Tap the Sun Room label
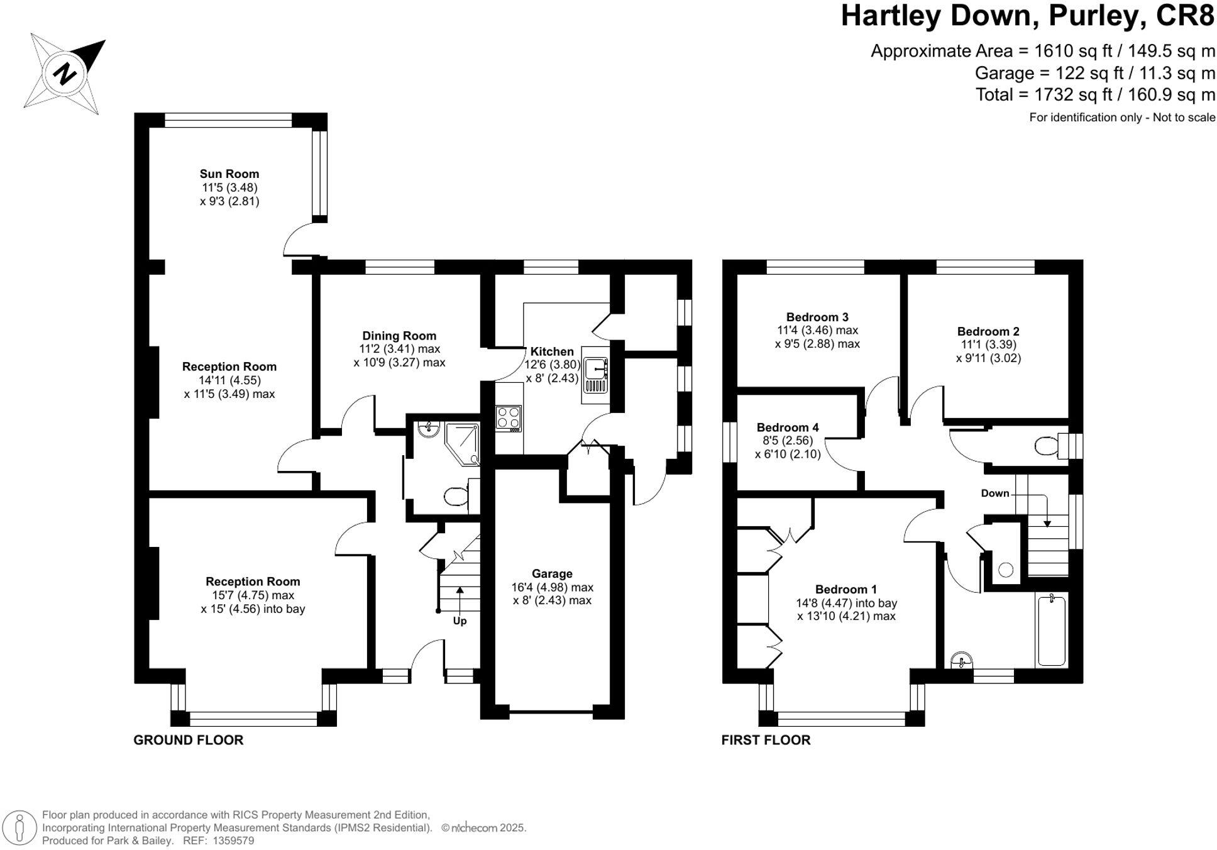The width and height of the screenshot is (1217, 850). [x=229, y=174]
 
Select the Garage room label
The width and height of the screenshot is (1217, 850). [x=552, y=573]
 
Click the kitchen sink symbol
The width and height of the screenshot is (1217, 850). [x=595, y=375]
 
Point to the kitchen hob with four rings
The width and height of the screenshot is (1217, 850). [x=509, y=418]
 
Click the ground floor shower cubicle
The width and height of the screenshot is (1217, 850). [x=463, y=443]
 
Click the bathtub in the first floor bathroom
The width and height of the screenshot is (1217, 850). [x=1051, y=631]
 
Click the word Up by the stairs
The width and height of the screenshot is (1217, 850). [x=460, y=621]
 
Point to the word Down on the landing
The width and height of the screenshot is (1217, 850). [x=994, y=493]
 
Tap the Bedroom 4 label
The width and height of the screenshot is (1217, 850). [x=788, y=428]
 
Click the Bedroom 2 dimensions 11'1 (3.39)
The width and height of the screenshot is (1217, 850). [x=988, y=345]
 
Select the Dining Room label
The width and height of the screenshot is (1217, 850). [x=399, y=336]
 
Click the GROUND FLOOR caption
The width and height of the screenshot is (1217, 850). [x=188, y=740]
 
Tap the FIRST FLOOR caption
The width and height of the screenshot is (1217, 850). [x=766, y=740]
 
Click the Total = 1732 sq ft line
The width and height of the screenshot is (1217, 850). [x=1094, y=95]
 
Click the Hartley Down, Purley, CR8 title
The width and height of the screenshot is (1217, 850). [x=1027, y=16]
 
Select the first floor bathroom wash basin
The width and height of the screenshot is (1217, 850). [x=962, y=660]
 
